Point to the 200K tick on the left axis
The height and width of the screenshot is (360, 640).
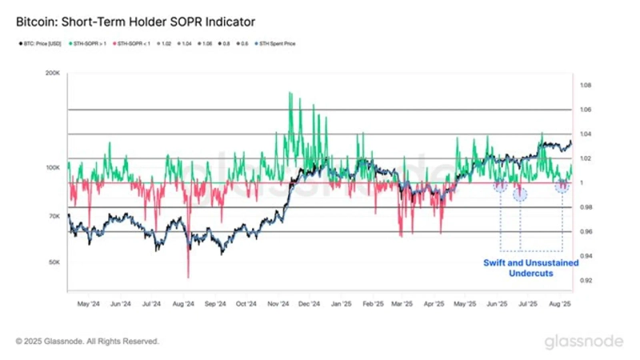pyautogui.click(x=53, y=73)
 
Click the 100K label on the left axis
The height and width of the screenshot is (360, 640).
pyautogui.click(x=53, y=168)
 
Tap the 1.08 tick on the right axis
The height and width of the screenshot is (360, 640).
pyautogui.click(x=586, y=85)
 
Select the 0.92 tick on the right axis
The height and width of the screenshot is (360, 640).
pyautogui.click(x=586, y=281)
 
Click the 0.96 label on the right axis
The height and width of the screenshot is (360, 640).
pyautogui.click(x=586, y=232)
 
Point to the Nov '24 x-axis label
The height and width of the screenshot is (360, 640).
pyautogui.click(x=278, y=305)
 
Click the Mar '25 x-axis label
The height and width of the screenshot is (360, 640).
pyautogui.click(x=403, y=305)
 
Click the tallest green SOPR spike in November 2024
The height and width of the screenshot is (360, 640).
pyautogui.click(x=290, y=93)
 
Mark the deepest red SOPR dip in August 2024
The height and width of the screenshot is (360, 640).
pyautogui.click(x=188, y=276)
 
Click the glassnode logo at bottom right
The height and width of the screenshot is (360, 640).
pyautogui.click(x=583, y=342)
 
